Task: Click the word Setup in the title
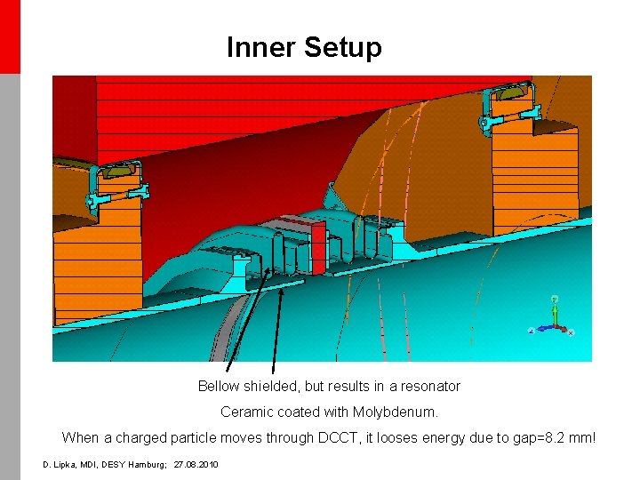coord(343,48)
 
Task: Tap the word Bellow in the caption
coord(219,387)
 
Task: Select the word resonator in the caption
coord(430,387)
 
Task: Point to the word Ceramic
coord(245,412)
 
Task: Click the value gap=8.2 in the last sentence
coord(535,438)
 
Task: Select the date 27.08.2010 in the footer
coord(196,465)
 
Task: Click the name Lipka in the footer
coord(68,465)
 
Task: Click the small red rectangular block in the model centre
coord(318,247)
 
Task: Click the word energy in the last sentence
coord(448,438)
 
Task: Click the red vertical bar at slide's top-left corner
coord(10,36)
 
